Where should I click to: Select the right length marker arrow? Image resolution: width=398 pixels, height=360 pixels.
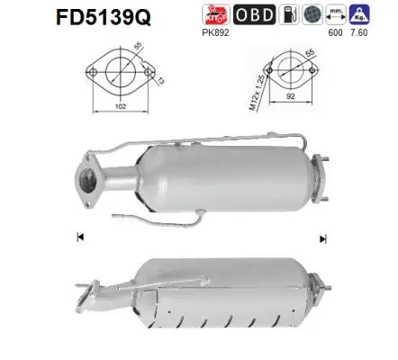point(320,238)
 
